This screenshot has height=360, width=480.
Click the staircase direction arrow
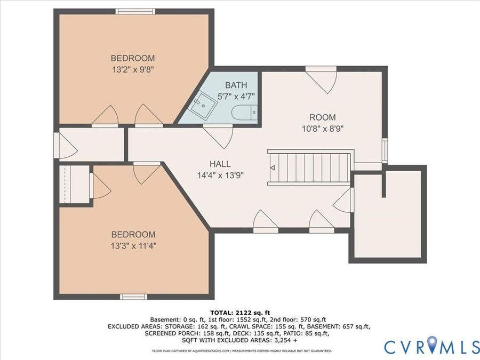(272, 168)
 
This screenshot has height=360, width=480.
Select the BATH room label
(236, 85)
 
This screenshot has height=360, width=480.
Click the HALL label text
(220, 164)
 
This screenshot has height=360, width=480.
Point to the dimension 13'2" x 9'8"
(133, 70)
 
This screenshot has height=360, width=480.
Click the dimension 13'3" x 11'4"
(134, 246)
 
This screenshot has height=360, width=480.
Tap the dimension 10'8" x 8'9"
(323, 129)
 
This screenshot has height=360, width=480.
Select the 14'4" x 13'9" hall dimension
(220, 175)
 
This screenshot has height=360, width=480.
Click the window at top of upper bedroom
(135, 11)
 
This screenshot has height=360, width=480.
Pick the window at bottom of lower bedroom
(133, 297)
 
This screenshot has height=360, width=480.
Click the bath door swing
(218, 137)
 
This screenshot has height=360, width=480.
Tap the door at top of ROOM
(322, 80)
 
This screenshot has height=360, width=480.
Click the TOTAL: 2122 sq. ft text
(240, 313)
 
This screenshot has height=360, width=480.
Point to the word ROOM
(322, 117)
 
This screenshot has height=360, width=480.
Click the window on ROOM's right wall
(385, 150)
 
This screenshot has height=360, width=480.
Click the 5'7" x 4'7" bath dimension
(236, 97)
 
